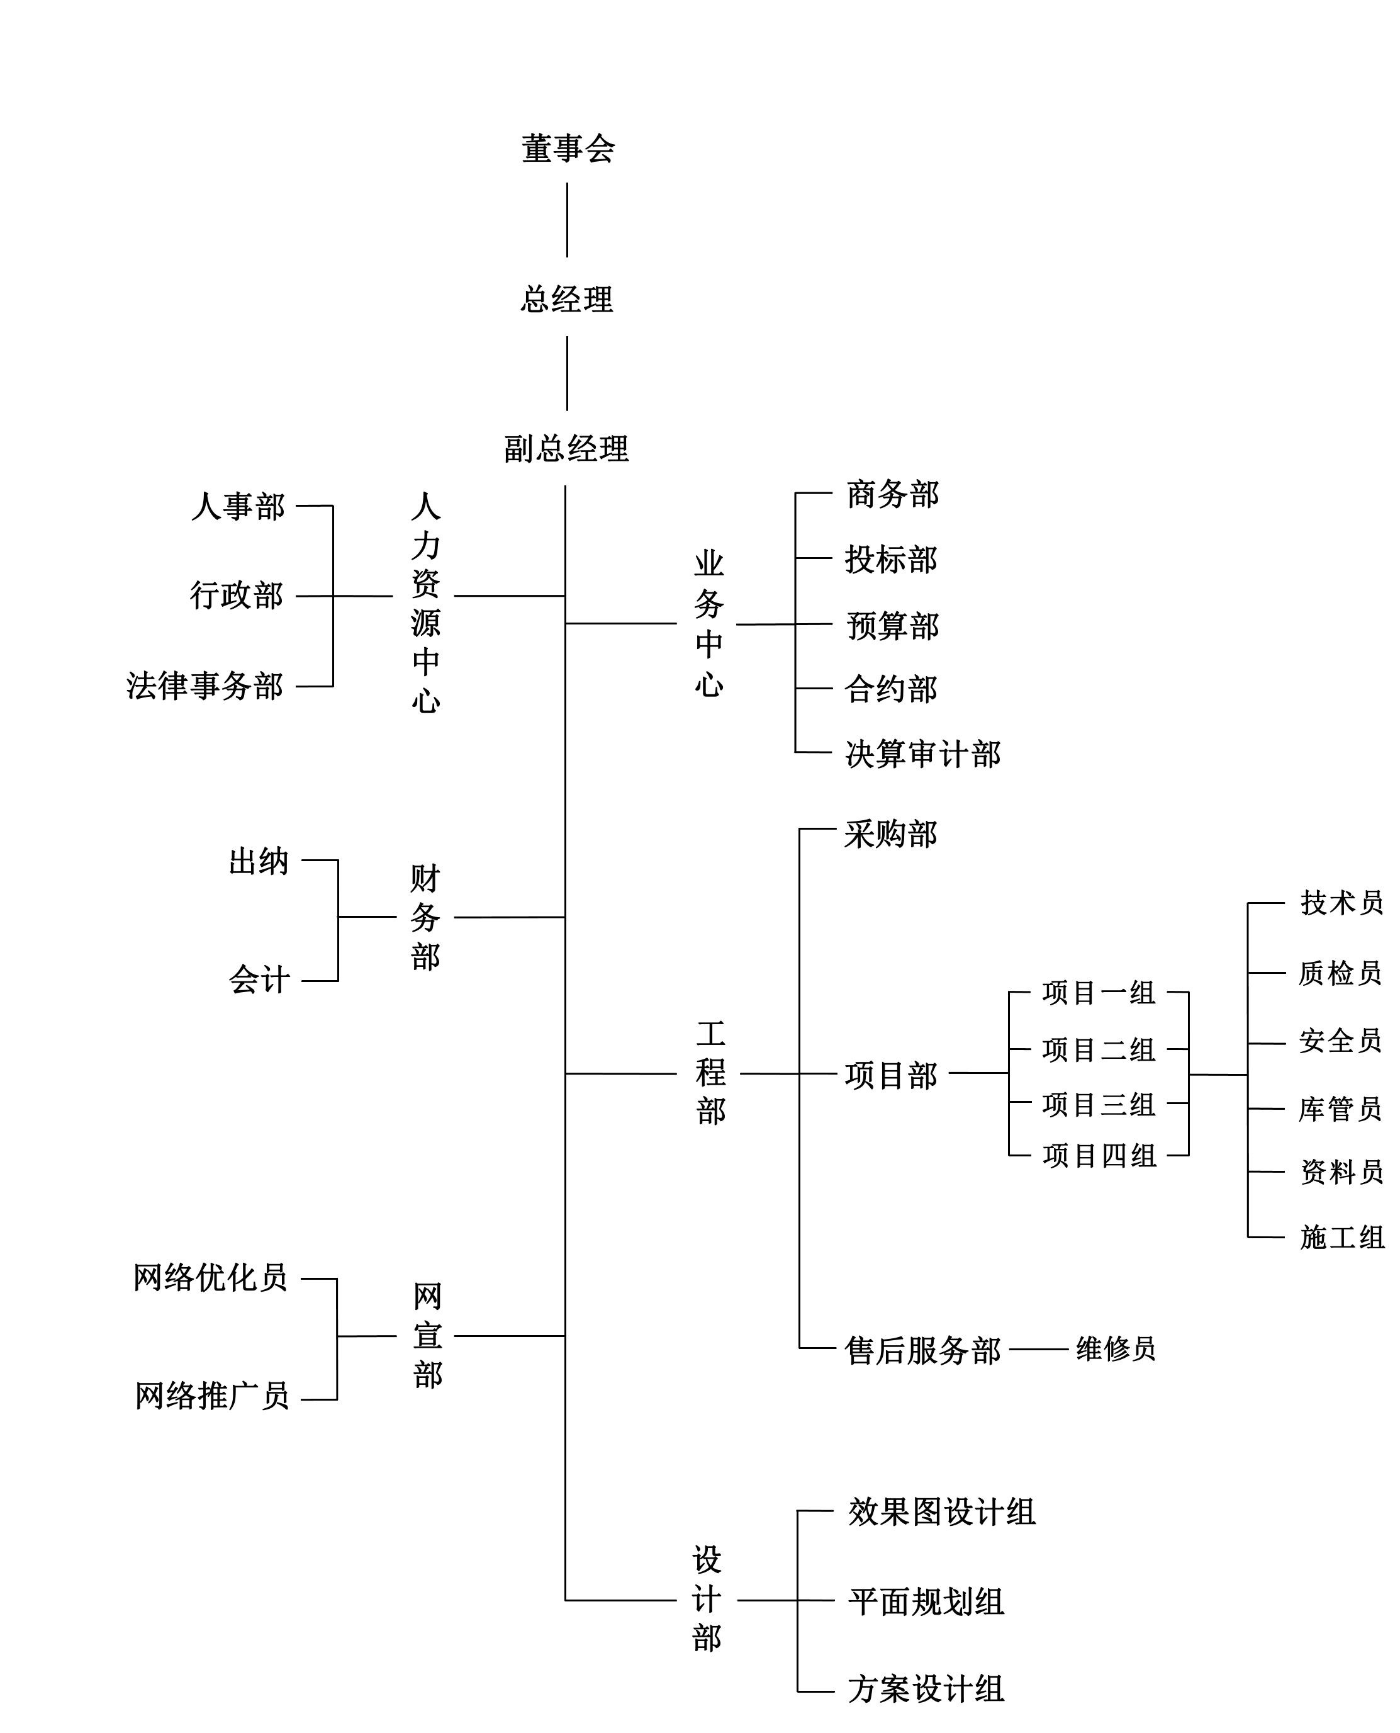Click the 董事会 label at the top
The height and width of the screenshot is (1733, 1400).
point(568,149)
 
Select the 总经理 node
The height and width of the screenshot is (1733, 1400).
point(567,299)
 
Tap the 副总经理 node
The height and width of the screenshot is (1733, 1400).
point(566,449)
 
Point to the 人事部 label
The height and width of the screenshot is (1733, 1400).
point(238,507)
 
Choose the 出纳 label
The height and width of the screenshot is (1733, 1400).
point(258,861)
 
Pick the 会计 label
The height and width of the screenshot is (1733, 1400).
point(259,980)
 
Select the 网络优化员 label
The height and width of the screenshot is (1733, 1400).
point(211,1278)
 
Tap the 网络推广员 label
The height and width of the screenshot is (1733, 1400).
point(212,1396)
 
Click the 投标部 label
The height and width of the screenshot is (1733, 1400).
point(891,559)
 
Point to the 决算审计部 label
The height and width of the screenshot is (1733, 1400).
point(922,754)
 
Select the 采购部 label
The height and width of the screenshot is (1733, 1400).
point(891,834)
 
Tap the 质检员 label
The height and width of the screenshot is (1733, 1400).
point(1340,973)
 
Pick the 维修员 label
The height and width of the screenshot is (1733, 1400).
point(1116,1348)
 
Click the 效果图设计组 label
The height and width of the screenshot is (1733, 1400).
point(942,1512)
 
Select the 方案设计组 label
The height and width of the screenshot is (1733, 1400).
point(926,1689)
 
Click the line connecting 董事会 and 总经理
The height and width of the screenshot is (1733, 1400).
point(567,220)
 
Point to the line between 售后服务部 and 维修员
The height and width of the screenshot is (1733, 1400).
point(1039,1349)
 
